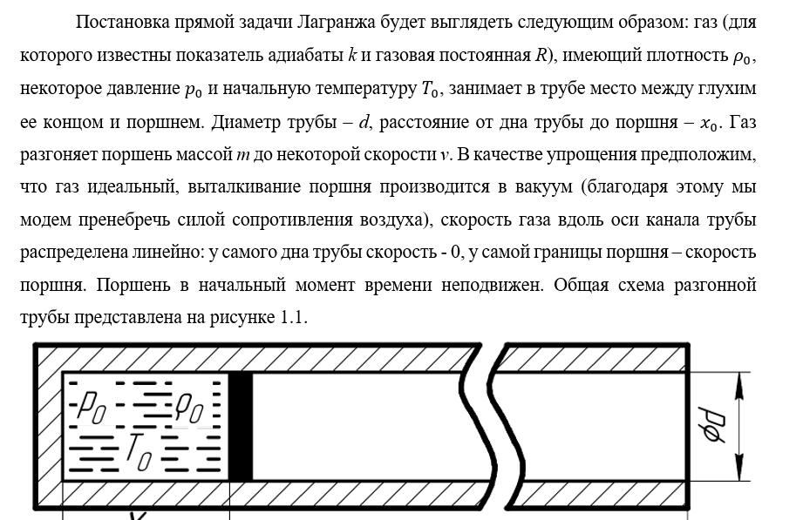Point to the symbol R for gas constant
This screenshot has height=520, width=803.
tap(541, 57)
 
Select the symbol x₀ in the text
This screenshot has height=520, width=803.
tap(711, 124)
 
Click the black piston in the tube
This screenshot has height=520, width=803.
tap(241, 426)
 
